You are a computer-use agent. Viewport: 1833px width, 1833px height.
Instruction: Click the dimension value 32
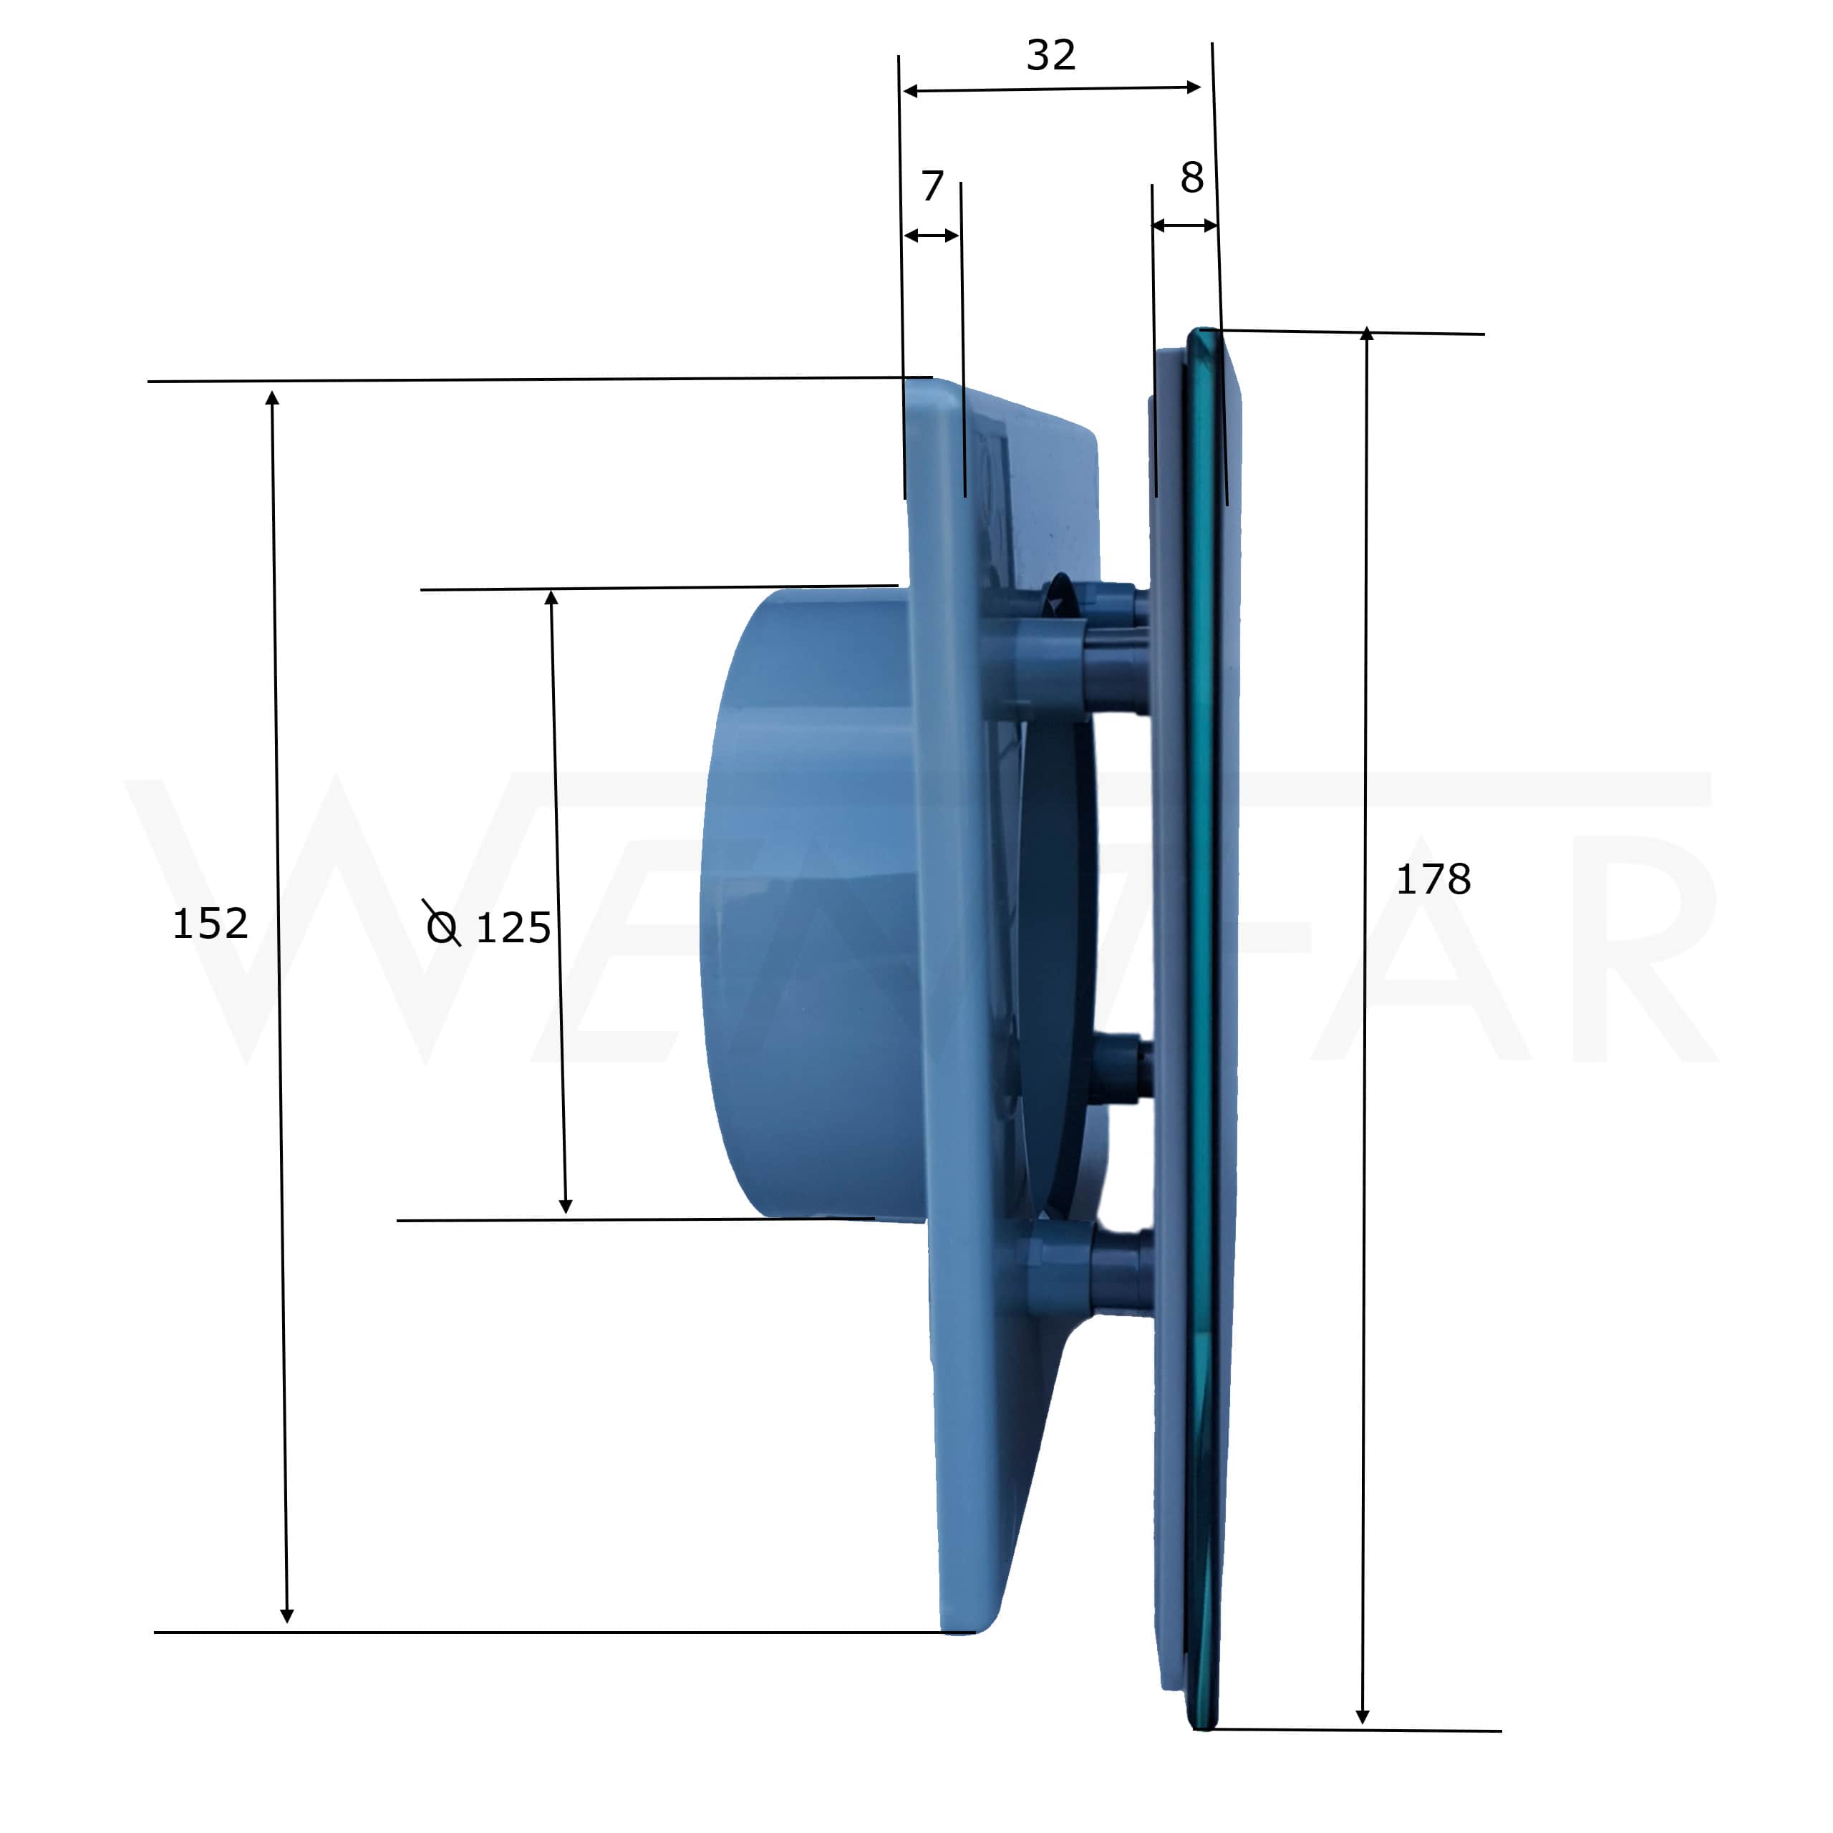[x=1050, y=55]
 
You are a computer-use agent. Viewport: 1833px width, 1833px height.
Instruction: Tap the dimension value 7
[x=933, y=186]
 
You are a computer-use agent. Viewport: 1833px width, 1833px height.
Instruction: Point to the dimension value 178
[x=1433, y=879]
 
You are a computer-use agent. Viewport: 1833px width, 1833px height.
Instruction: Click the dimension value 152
[x=210, y=923]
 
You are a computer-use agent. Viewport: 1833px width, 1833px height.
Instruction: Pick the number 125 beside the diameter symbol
[x=513, y=928]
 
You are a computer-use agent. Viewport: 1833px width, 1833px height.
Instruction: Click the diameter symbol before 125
[x=442, y=923]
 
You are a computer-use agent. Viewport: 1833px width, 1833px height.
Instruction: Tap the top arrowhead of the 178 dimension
[x=1366, y=334]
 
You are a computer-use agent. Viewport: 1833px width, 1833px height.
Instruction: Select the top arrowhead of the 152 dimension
[x=272, y=397]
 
